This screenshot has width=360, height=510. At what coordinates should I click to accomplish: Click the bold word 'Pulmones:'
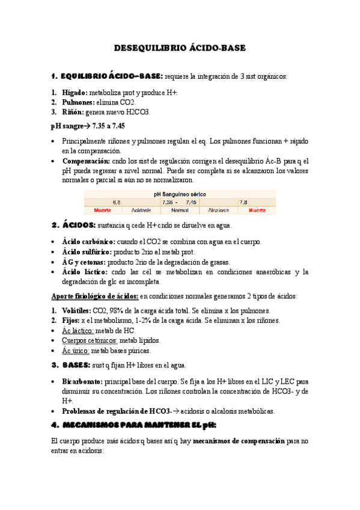point(78,103)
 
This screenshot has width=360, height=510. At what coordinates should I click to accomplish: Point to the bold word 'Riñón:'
point(73,112)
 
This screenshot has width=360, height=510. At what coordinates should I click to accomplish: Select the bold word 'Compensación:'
point(85,161)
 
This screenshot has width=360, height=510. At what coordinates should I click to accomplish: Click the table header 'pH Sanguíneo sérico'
point(180,194)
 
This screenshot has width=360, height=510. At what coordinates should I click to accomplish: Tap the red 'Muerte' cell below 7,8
point(257,211)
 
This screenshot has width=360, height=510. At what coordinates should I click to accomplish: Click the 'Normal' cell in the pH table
point(180,211)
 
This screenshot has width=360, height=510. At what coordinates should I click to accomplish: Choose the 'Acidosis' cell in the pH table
point(141,211)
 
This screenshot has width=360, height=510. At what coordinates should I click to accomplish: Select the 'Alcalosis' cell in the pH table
point(218,211)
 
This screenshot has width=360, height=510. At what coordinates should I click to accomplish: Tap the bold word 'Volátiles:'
point(77,311)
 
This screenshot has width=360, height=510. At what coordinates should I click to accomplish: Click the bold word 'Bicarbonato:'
point(82,381)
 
